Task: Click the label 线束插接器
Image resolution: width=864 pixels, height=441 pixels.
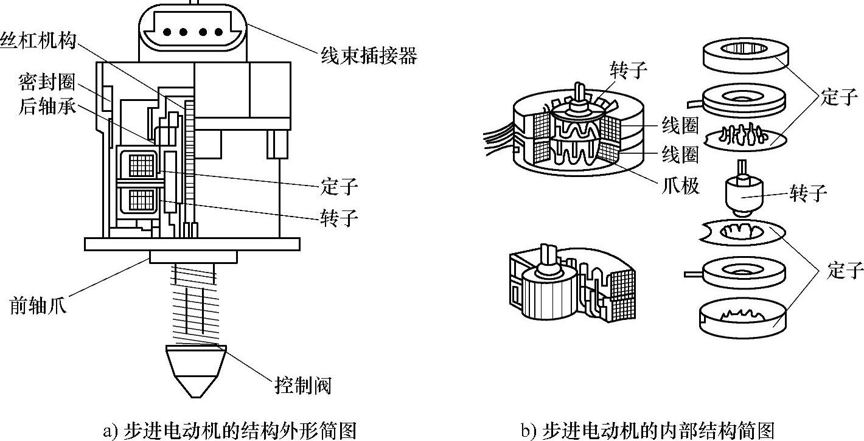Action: tap(369, 56)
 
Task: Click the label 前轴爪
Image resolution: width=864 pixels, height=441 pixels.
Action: tap(38, 305)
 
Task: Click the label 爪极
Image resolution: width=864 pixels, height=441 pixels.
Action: tap(681, 184)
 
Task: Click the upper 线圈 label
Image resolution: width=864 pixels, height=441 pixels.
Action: tap(681, 126)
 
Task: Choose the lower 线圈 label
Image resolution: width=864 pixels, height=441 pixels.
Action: tap(681, 155)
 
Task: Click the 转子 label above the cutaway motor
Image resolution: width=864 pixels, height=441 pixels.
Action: tap(627, 71)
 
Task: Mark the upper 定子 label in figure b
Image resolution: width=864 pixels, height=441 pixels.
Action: tap(839, 97)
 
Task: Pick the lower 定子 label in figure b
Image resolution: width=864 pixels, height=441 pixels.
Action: tap(845, 269)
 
